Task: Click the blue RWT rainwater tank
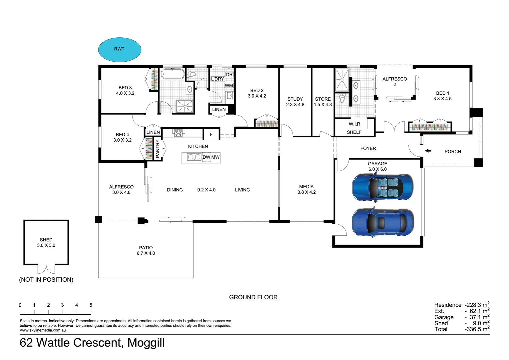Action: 120,50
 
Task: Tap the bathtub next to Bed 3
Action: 173,74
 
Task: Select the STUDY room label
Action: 295,99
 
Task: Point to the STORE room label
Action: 323,99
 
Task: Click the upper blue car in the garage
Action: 383,187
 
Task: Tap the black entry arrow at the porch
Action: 428,151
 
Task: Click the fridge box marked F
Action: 211,134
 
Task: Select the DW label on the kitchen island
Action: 206,157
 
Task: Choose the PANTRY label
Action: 158,149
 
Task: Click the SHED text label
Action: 46,240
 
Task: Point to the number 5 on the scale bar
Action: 91,305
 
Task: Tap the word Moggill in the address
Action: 146,343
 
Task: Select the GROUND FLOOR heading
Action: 254,297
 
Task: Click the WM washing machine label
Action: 229,86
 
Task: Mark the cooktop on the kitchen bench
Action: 178,133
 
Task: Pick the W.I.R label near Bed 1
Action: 354,124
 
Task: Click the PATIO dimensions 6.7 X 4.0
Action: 146,253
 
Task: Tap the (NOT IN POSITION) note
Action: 46,279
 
